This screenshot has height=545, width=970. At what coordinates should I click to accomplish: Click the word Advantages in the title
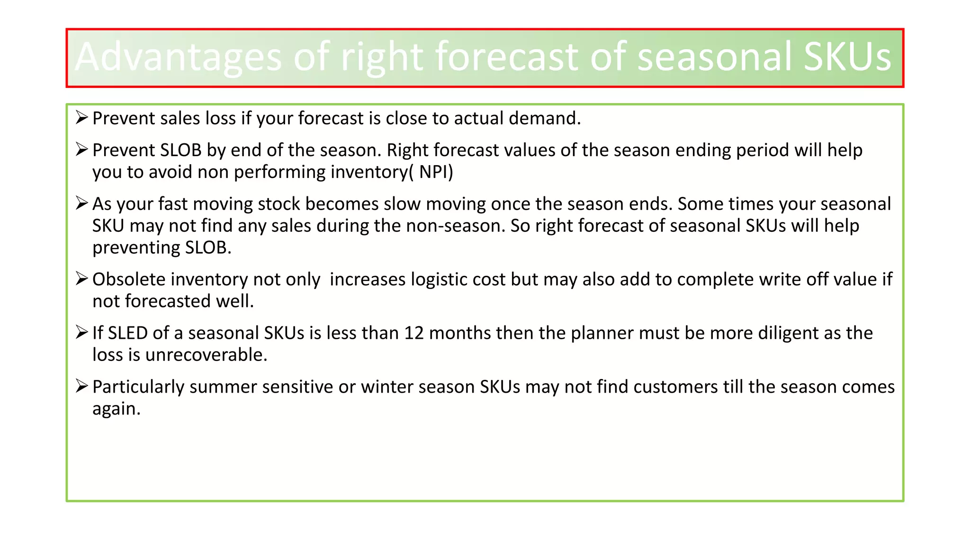178,58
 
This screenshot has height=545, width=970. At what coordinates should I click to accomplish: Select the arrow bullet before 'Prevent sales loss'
81,117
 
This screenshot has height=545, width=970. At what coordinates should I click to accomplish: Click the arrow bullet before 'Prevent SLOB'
81,149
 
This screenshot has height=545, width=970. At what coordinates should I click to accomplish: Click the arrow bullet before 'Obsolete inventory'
81,279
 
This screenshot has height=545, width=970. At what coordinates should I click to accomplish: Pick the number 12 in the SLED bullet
413,333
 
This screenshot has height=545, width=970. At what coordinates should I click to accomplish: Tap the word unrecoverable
206,355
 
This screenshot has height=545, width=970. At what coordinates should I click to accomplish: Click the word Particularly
138,387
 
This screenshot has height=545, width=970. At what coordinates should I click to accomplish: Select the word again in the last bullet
116,409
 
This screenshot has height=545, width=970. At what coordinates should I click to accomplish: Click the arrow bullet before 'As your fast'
81,203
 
